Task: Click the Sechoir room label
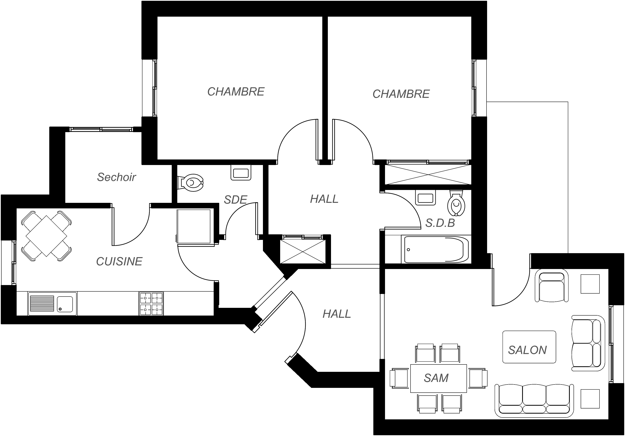point(117,177)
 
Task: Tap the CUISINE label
point(119,262)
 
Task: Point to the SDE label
point(235,200)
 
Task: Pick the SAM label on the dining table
point(436,378)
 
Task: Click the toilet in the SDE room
point(191,183)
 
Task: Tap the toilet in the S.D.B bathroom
point(456,203)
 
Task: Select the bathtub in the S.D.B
point(436,250)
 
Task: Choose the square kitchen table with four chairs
point(46,236)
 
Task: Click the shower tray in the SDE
point(194,226)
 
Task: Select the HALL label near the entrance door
point(337,314)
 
